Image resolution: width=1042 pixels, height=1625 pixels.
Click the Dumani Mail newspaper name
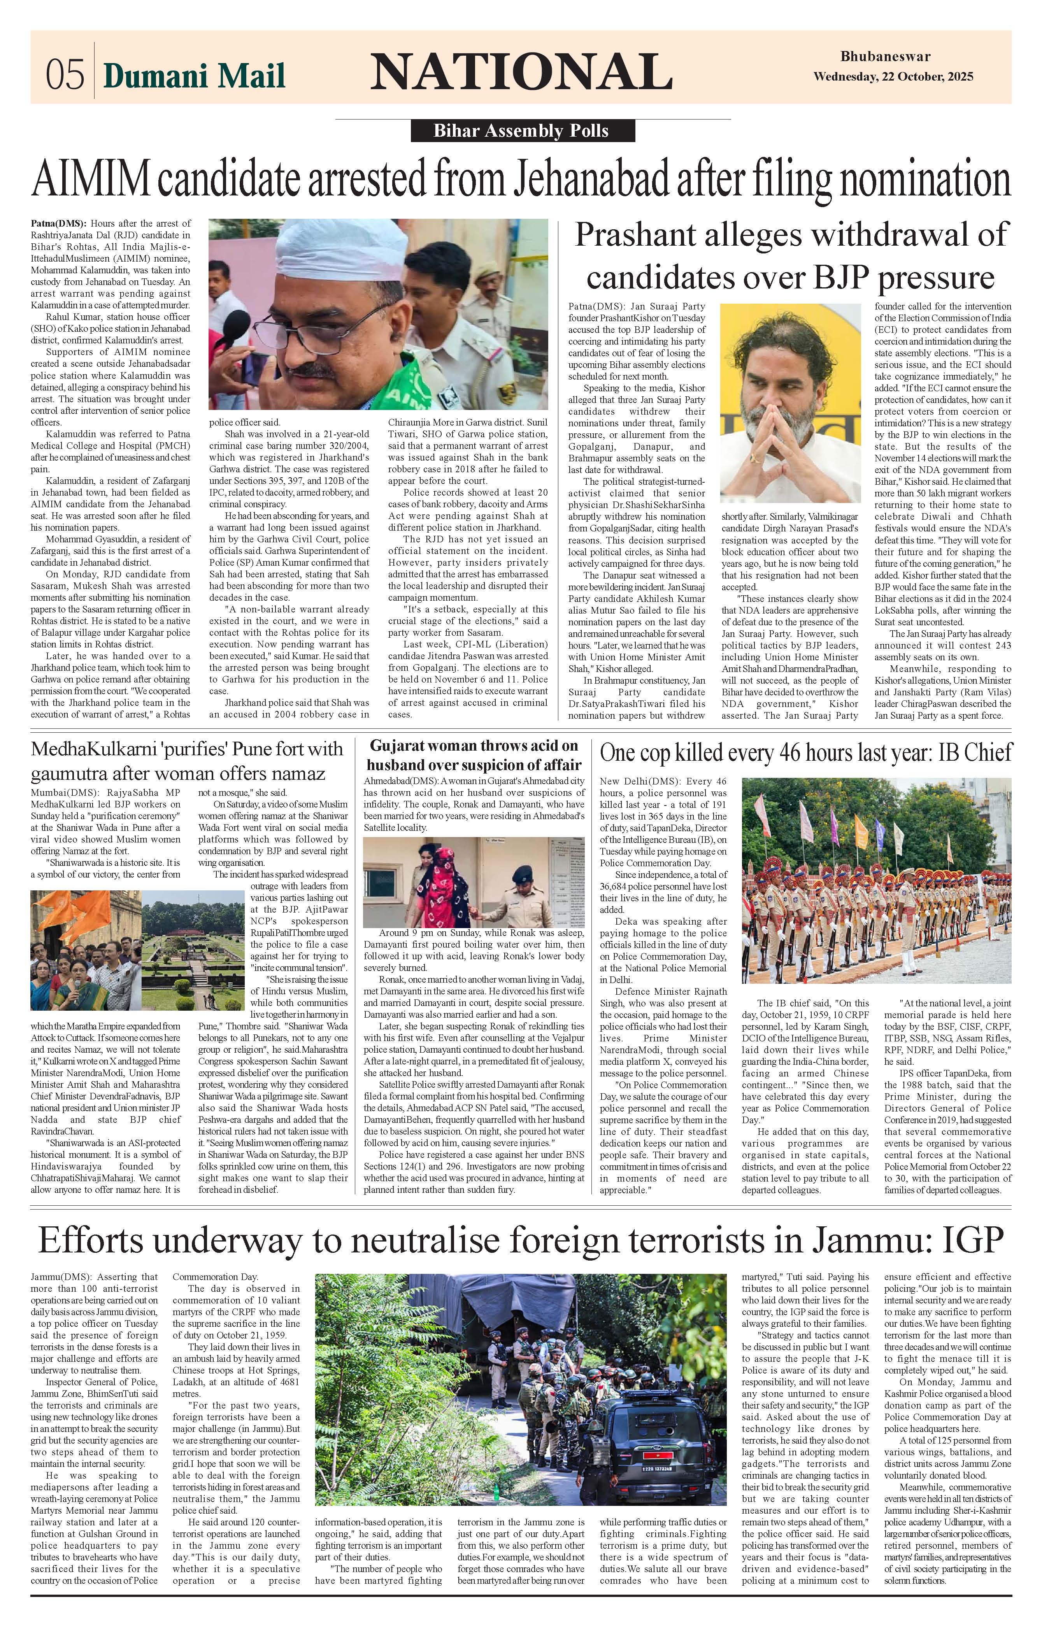194,76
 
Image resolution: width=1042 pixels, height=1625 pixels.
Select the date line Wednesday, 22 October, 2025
893,76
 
